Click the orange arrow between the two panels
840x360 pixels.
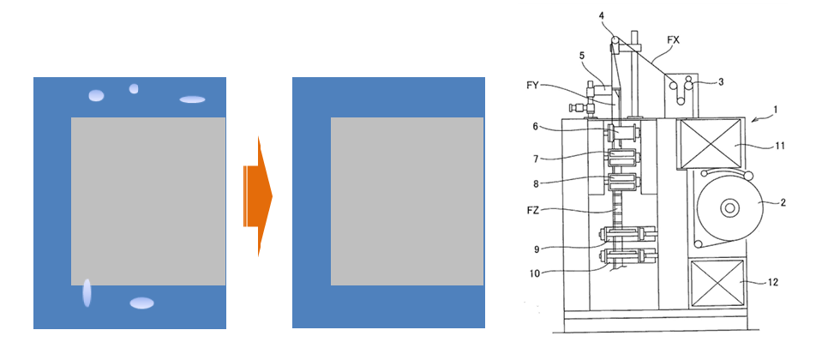click(258, 196)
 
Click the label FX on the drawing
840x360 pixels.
click(674, 41)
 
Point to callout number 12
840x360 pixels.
click(772, 282)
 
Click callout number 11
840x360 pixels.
click(779, 145)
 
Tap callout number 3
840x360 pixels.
click(721, 81)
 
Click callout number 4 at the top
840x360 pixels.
click(602, 16)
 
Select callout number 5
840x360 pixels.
click(582, 55)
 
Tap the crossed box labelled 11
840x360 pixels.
click(711, 144)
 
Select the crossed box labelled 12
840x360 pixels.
click(717, 284)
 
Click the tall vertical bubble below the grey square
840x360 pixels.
click(87, 293)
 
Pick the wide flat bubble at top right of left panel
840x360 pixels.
click(192, 99)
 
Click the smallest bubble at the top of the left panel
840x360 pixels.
click(134, 88)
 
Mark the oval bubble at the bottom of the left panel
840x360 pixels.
click(142, 303)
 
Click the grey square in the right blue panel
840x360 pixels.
click(407, 201)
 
